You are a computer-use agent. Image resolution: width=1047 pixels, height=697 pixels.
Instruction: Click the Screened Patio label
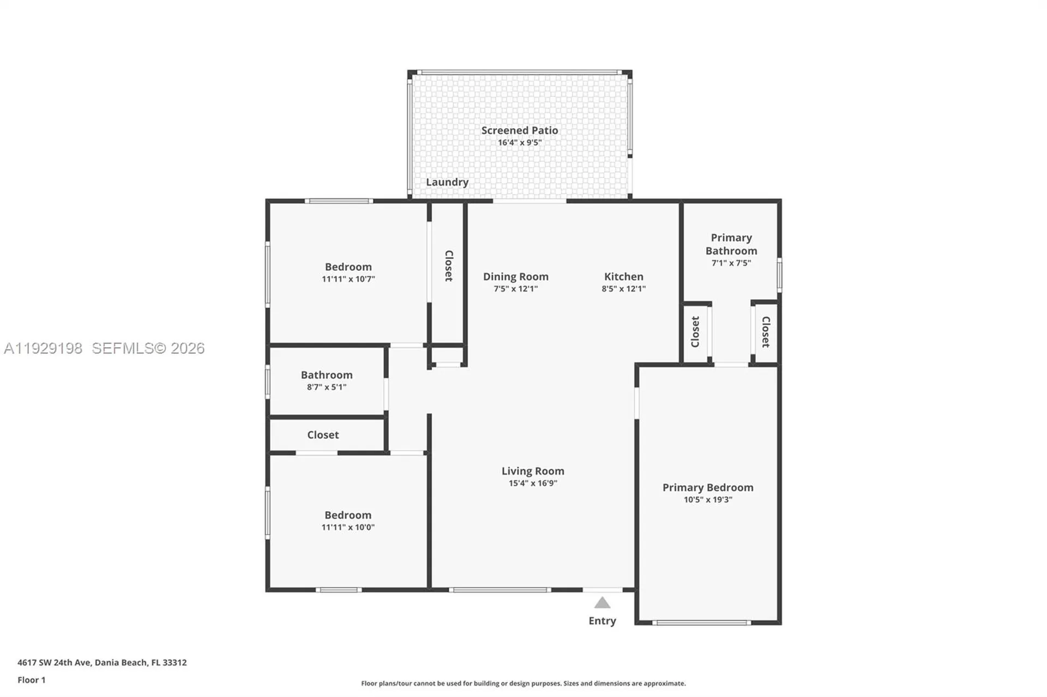click(519, 130)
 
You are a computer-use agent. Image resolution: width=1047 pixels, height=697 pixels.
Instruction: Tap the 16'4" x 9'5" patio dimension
click(519, 143)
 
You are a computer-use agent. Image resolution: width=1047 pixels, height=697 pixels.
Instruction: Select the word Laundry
click(447, 182)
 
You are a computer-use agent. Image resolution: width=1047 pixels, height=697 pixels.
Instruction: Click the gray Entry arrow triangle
click(602, 603)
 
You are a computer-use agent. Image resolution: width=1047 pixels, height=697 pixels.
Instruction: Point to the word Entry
click(602, 621)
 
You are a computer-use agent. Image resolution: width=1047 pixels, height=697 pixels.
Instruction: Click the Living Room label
click(533, 471)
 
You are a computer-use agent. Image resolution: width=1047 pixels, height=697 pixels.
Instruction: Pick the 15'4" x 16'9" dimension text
click(533, 483)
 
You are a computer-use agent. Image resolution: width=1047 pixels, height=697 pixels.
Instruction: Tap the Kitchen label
click(623, 276)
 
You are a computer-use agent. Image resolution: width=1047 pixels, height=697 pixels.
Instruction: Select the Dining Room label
click(515, 276)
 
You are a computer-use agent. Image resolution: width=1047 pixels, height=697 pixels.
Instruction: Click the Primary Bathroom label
click(731, 244)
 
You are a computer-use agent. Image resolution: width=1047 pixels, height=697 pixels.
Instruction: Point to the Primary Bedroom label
click(707, 487)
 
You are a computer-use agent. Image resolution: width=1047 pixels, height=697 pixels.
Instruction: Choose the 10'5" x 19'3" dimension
click(707, 500)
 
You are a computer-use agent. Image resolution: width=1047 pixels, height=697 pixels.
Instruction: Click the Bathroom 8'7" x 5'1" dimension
click(326, 387)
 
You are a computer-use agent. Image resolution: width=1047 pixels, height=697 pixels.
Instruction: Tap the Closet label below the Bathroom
click(322, 435)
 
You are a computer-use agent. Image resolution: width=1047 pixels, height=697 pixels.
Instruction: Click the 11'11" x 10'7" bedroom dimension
click(348, 279)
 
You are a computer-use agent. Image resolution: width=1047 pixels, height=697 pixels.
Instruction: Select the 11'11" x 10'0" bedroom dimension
click(347, 528)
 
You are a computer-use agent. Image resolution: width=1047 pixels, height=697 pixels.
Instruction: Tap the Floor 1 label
click(31, 680)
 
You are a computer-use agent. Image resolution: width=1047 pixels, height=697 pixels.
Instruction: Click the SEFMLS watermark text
click(148, 348)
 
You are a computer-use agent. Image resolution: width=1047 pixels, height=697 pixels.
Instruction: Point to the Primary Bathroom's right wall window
click(779, 275)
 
